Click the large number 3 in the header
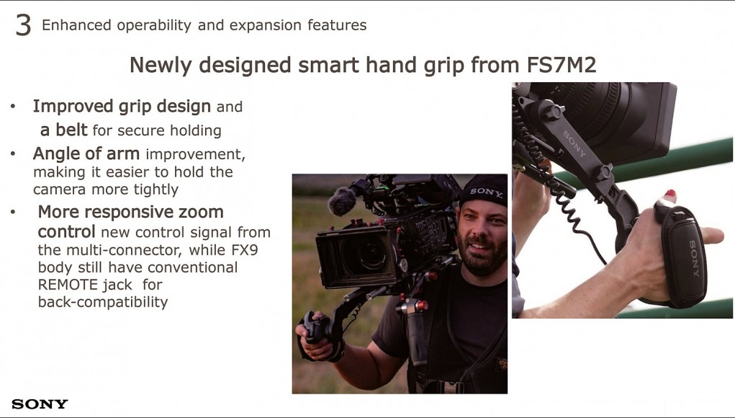24,25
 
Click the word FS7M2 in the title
562,65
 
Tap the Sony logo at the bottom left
40,404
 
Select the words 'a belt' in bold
63,130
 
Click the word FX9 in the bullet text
244,249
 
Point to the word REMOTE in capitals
68,285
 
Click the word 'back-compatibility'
103,302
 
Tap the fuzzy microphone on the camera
342,201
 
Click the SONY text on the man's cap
486,192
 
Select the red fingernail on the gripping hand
669,193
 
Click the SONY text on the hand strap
694,259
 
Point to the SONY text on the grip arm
574,143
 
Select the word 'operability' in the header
154,25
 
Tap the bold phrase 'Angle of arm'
86,154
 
